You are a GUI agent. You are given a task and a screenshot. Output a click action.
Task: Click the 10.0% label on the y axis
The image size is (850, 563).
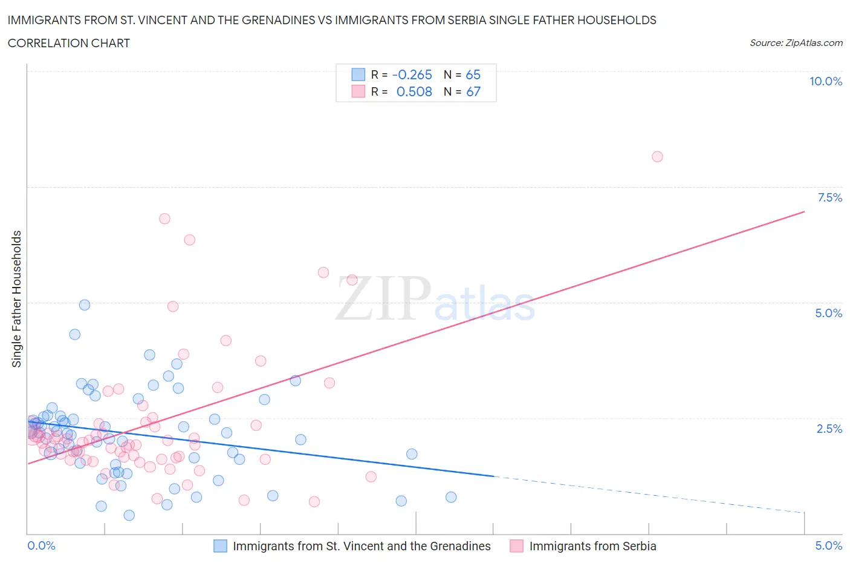pos(825,81)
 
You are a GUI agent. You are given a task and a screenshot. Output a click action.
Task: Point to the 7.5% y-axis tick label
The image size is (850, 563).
pos(829,197)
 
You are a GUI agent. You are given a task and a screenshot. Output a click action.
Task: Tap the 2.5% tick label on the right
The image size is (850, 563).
pos(829,429)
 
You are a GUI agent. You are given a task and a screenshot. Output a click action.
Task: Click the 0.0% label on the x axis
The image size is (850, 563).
pos(41,545)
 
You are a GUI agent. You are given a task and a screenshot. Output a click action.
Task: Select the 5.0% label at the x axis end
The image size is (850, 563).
pos(828,545)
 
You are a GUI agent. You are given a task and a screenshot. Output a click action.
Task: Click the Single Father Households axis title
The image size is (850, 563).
pos(17,298)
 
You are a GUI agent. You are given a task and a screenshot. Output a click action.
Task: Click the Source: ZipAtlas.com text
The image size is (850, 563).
pos(796,42)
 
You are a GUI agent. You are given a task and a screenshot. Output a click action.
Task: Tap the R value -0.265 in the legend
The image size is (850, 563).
pos(412,74)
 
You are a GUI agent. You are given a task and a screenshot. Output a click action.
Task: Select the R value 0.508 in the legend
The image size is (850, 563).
pos(414,91)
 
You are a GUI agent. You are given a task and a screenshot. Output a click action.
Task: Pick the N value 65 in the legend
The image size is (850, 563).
pos(473,74)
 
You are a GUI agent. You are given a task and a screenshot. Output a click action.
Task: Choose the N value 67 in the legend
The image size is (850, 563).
pos(473,91)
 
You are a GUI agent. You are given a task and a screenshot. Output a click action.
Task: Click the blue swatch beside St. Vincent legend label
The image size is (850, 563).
pos(221,546)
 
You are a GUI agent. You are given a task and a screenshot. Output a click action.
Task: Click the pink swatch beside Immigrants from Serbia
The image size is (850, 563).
pos(516,546)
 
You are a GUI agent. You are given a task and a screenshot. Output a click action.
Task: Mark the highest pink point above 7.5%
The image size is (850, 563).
pos(657,157)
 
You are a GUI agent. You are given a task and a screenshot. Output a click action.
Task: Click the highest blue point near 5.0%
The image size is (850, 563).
pos(85,305)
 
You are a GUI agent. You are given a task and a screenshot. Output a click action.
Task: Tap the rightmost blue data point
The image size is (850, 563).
pos(451,497)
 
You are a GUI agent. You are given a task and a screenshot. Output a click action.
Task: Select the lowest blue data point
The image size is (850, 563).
pos(129,515)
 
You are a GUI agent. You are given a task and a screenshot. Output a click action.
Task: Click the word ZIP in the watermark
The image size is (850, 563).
pos(383,298)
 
